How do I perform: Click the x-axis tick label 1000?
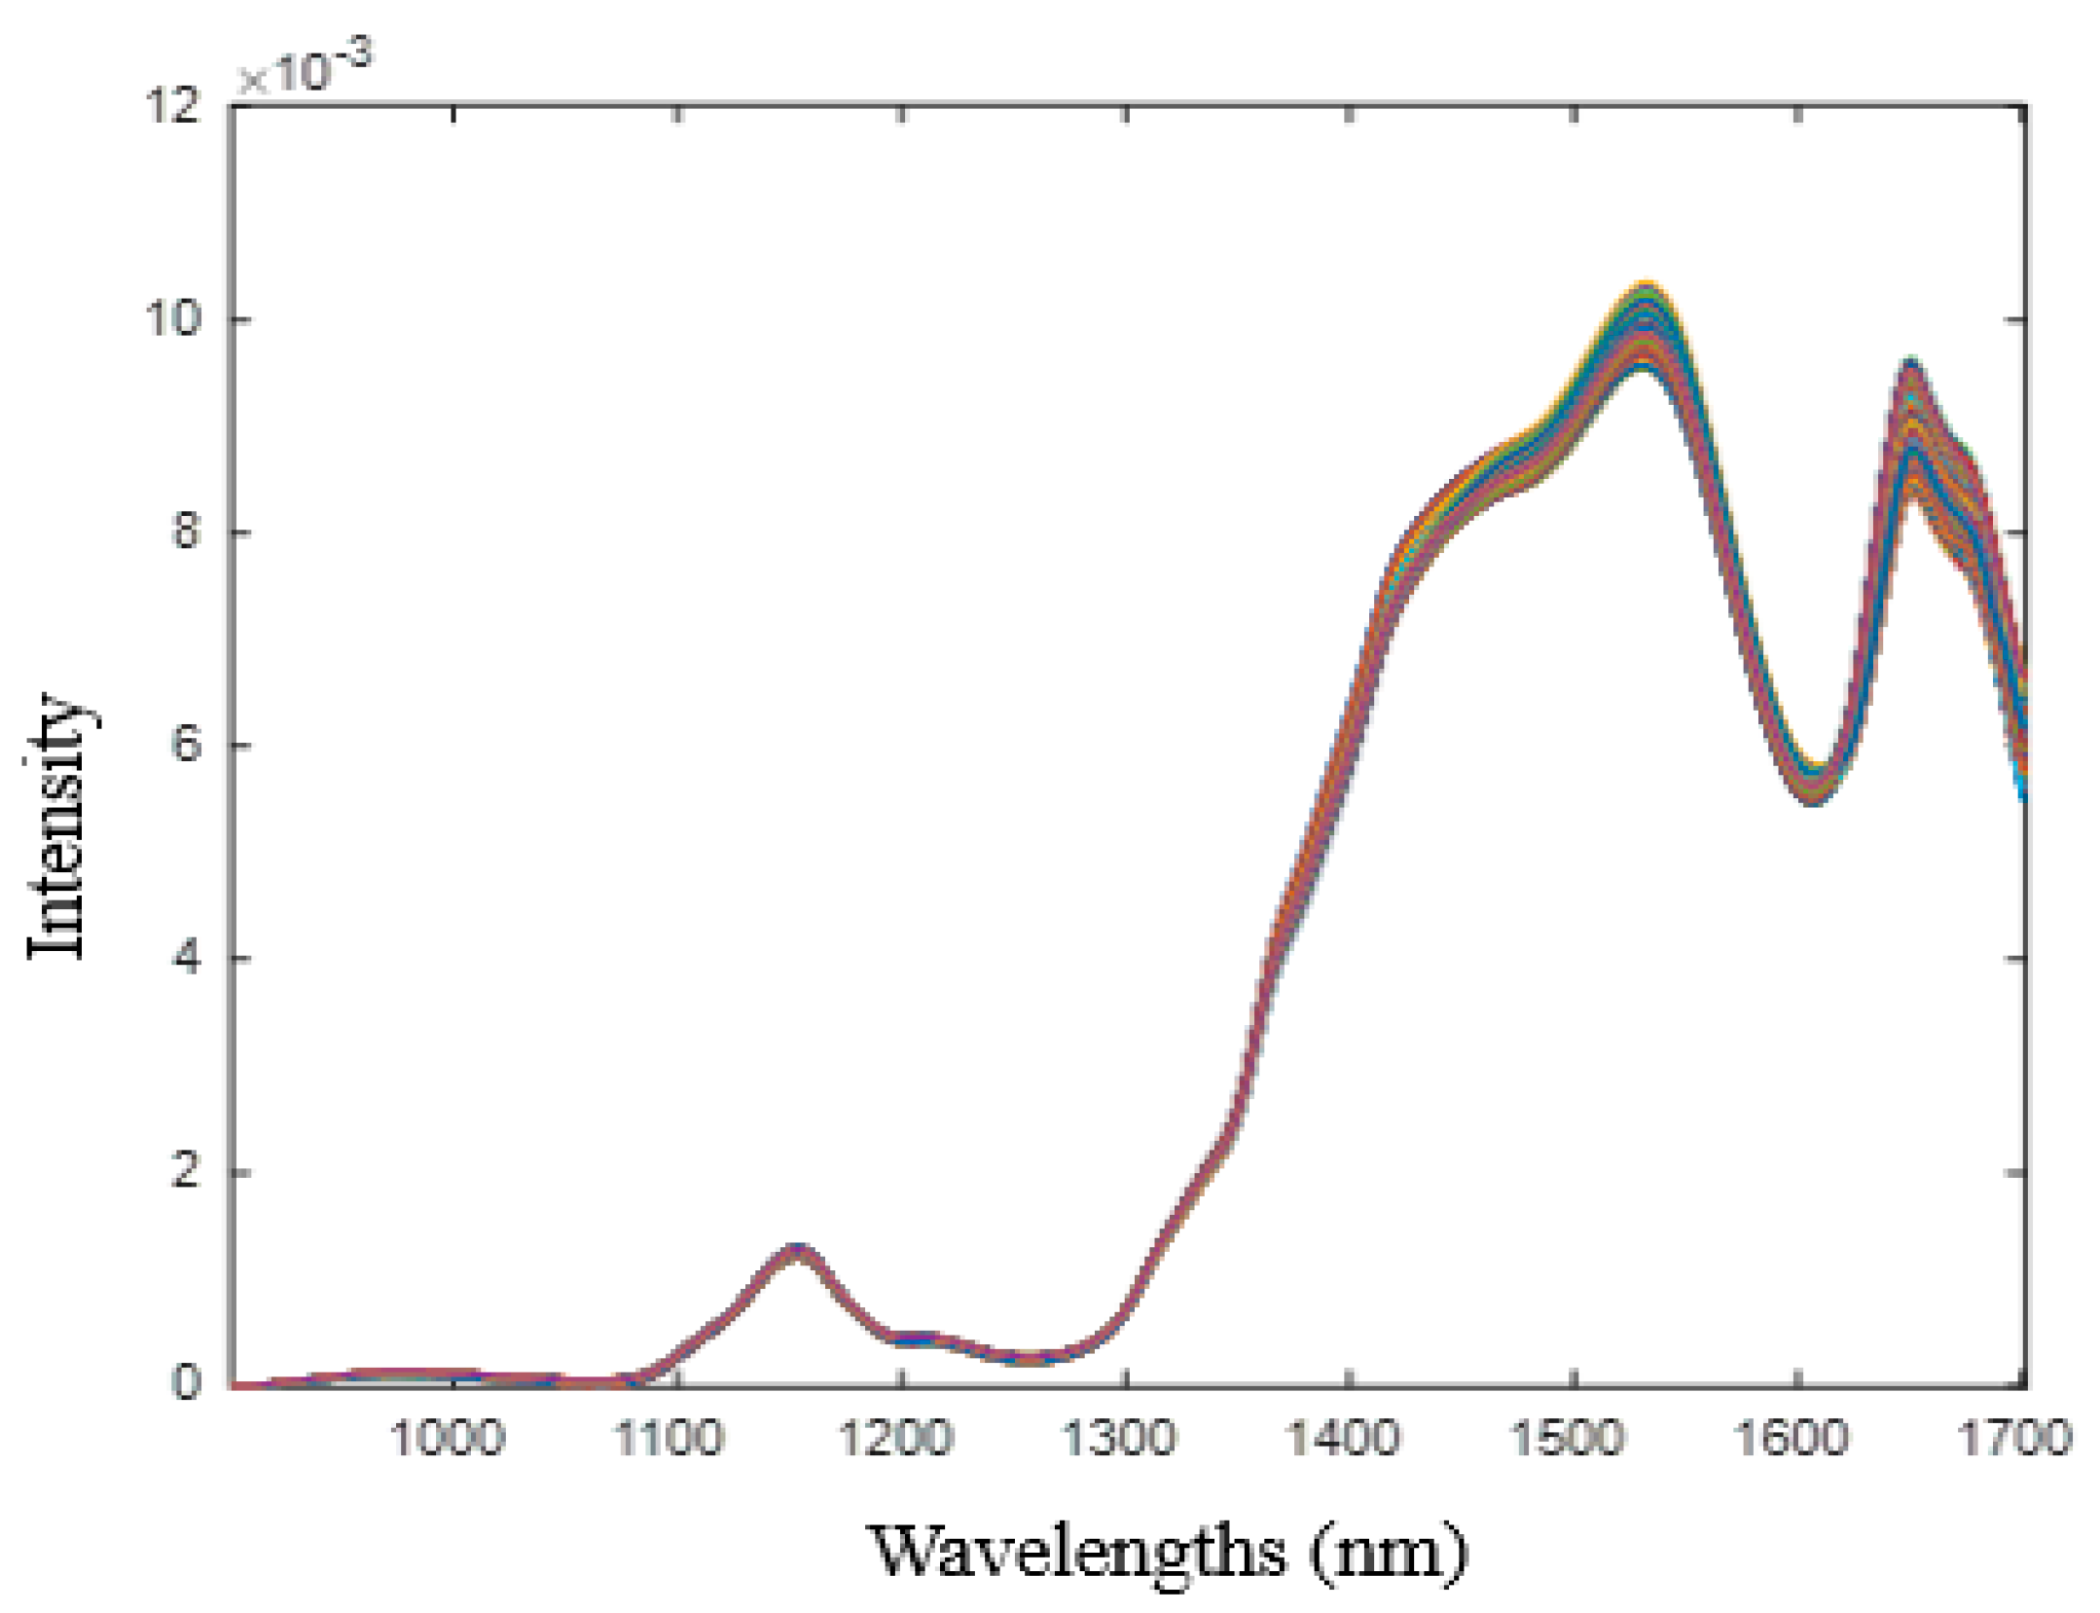click(x=447, y=1439)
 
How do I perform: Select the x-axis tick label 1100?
click(x=670, y=1439)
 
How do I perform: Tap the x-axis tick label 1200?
click(x=895, y=1439)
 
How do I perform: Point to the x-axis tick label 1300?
click(x=1119, y=1439)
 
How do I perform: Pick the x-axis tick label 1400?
click(x=1343, y=1439)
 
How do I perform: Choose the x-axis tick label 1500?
click(x=1567, y=1439)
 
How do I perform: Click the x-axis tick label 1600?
click(x=1791, y=1439)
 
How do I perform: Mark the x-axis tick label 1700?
click(x=2014, y=1439)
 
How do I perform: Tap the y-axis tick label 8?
click(x=188, y=532)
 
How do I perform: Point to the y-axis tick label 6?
click(x=188, y=745)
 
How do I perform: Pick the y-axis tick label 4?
click(x=188, y=958)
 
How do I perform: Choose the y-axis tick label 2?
click(x=188, y=1171)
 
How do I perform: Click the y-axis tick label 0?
click(x=188, y=1382)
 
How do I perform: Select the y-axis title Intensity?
click(x=56, y=825)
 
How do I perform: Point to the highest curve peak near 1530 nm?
click(x=1646, y=292)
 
